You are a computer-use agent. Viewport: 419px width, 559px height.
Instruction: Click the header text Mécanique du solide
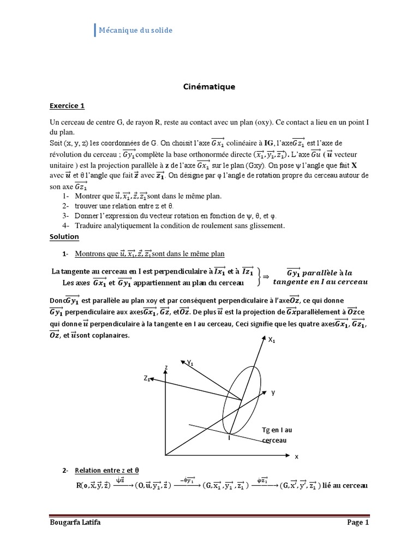[x=135, y=31]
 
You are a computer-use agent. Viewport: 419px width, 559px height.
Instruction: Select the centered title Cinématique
[x=209, y=86]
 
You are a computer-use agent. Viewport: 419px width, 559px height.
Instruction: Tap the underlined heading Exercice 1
[x=67, y=105]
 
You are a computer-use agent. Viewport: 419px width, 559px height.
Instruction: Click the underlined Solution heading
[x=64, y=236]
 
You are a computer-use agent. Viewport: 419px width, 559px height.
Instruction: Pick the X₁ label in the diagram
[x=271, y=340]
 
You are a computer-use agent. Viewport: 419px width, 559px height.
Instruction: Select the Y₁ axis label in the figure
[x=191, y=362]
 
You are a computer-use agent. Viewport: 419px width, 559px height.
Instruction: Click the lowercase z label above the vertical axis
[x=165, y=368]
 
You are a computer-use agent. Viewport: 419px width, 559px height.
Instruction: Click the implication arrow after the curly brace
[x=266, y=277]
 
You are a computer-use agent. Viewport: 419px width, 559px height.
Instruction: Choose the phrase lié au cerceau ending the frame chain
[x=346, y=485]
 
